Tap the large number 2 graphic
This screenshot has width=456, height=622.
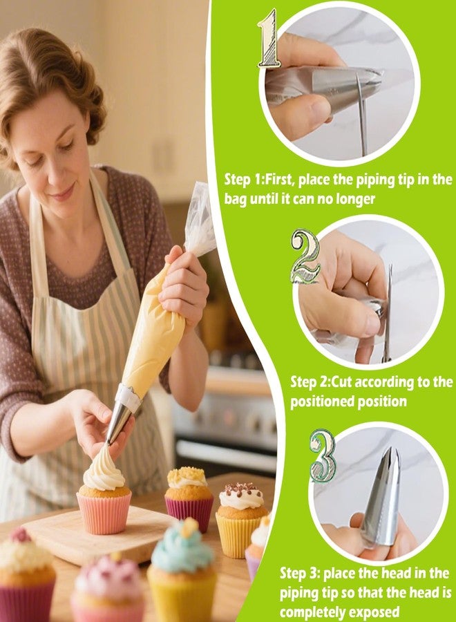point(305,256)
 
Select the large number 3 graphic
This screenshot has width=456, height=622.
point(323,455)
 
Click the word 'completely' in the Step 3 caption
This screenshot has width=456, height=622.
point(312,612)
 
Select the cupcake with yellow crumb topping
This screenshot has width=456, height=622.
point(189,494)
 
